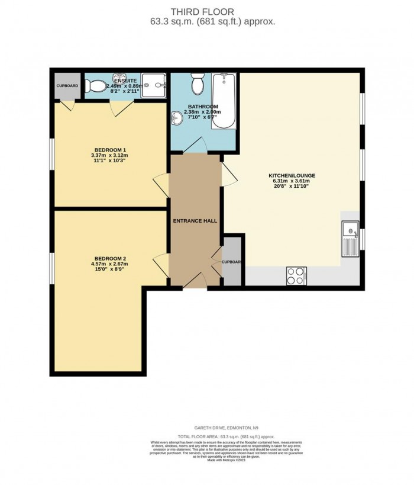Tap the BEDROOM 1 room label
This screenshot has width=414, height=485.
click(x=110, y=149)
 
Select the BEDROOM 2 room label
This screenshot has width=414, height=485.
click(x=109, y=258)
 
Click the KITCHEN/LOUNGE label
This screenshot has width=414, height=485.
click(x=291, y=176)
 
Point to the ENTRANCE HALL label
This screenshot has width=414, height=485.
click(x=195, y=221)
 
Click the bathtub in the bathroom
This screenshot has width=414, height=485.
click(x=225, y=100)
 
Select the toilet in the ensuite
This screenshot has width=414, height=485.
click(x=93, y=87)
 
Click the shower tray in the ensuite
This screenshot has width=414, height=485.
click(x=157, y=86)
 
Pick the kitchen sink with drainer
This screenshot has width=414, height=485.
click(x=350, y=236)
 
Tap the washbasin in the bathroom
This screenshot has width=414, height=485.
click(x=176, y=118)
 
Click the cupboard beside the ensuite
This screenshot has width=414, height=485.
click(x=67, y=86)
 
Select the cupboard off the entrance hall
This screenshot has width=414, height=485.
click(x=231, y=261)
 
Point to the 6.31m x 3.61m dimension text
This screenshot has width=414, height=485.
click(x=291, y=181)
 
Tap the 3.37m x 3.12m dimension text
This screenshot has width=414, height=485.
click(x=110, y=155)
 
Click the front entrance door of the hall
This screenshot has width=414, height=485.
click(x=195, y=282)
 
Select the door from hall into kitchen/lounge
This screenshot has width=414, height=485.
click(x=227, y=175)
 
